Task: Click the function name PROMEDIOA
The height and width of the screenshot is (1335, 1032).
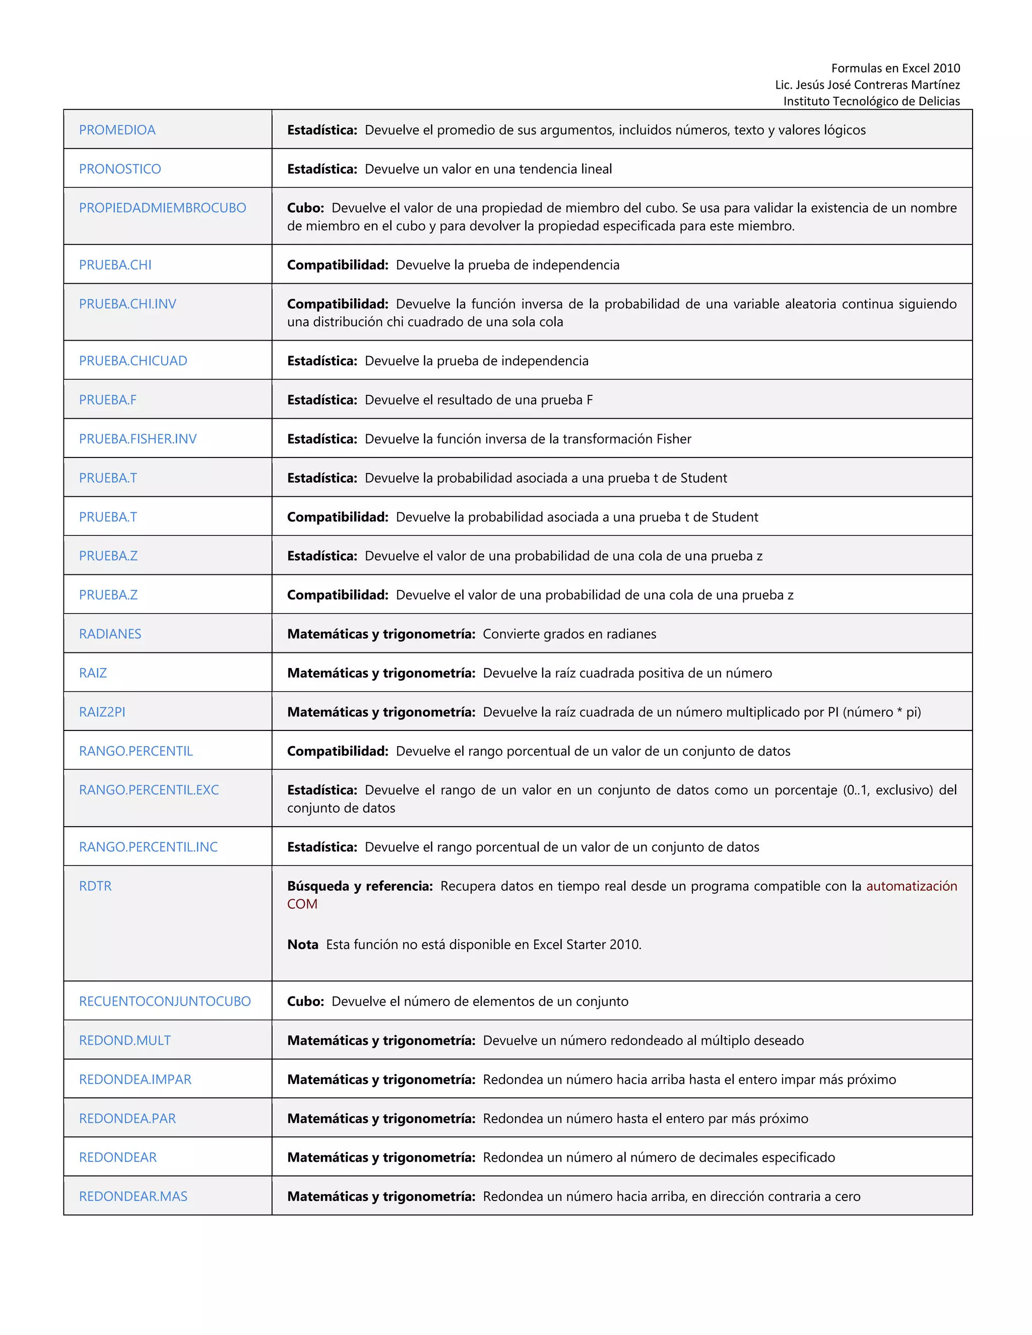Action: (x=117, y=130)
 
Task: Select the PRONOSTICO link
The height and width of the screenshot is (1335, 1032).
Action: (x=120, y=169)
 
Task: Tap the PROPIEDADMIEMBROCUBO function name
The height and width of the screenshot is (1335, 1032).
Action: (x=162, y=208)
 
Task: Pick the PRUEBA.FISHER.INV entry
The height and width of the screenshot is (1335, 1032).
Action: (x=138, y=439)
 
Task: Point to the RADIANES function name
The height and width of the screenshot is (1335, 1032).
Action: (x=110, y=634)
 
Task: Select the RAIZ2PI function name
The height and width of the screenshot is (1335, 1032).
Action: (x=102, y=712)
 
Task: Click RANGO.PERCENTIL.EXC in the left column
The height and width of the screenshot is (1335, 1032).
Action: (x=149, y=790)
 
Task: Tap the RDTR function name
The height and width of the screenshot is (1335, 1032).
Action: (x=95, y=886)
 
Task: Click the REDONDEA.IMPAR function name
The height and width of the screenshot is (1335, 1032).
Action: (x=135, y=1080)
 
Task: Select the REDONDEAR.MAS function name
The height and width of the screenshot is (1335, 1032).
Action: (x=133, y=1196)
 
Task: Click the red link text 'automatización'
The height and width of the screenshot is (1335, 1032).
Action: (x=911, y=886)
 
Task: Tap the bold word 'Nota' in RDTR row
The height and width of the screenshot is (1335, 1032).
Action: (x=303, y=945)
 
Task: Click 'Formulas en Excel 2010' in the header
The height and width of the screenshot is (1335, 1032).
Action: (x=895, y=69)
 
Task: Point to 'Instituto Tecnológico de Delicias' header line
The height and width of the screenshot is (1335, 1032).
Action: (x=871, y=101)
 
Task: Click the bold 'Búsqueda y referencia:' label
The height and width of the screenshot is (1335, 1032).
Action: (x=359, y=886)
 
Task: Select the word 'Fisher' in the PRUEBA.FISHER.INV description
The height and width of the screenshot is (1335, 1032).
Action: (x=673, y=439)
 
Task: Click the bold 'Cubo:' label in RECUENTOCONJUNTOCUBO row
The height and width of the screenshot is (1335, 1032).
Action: (x=305, y=1002)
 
